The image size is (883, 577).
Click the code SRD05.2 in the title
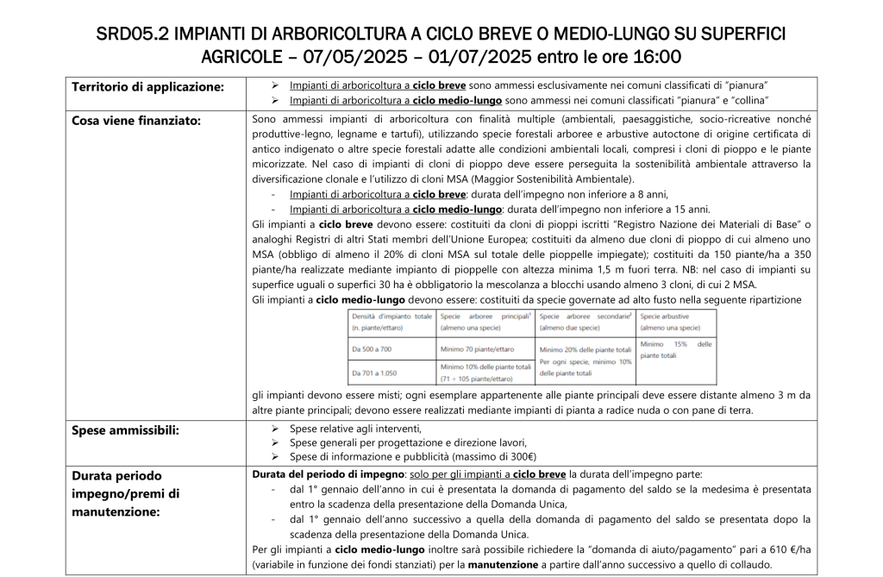coord(130,34)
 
